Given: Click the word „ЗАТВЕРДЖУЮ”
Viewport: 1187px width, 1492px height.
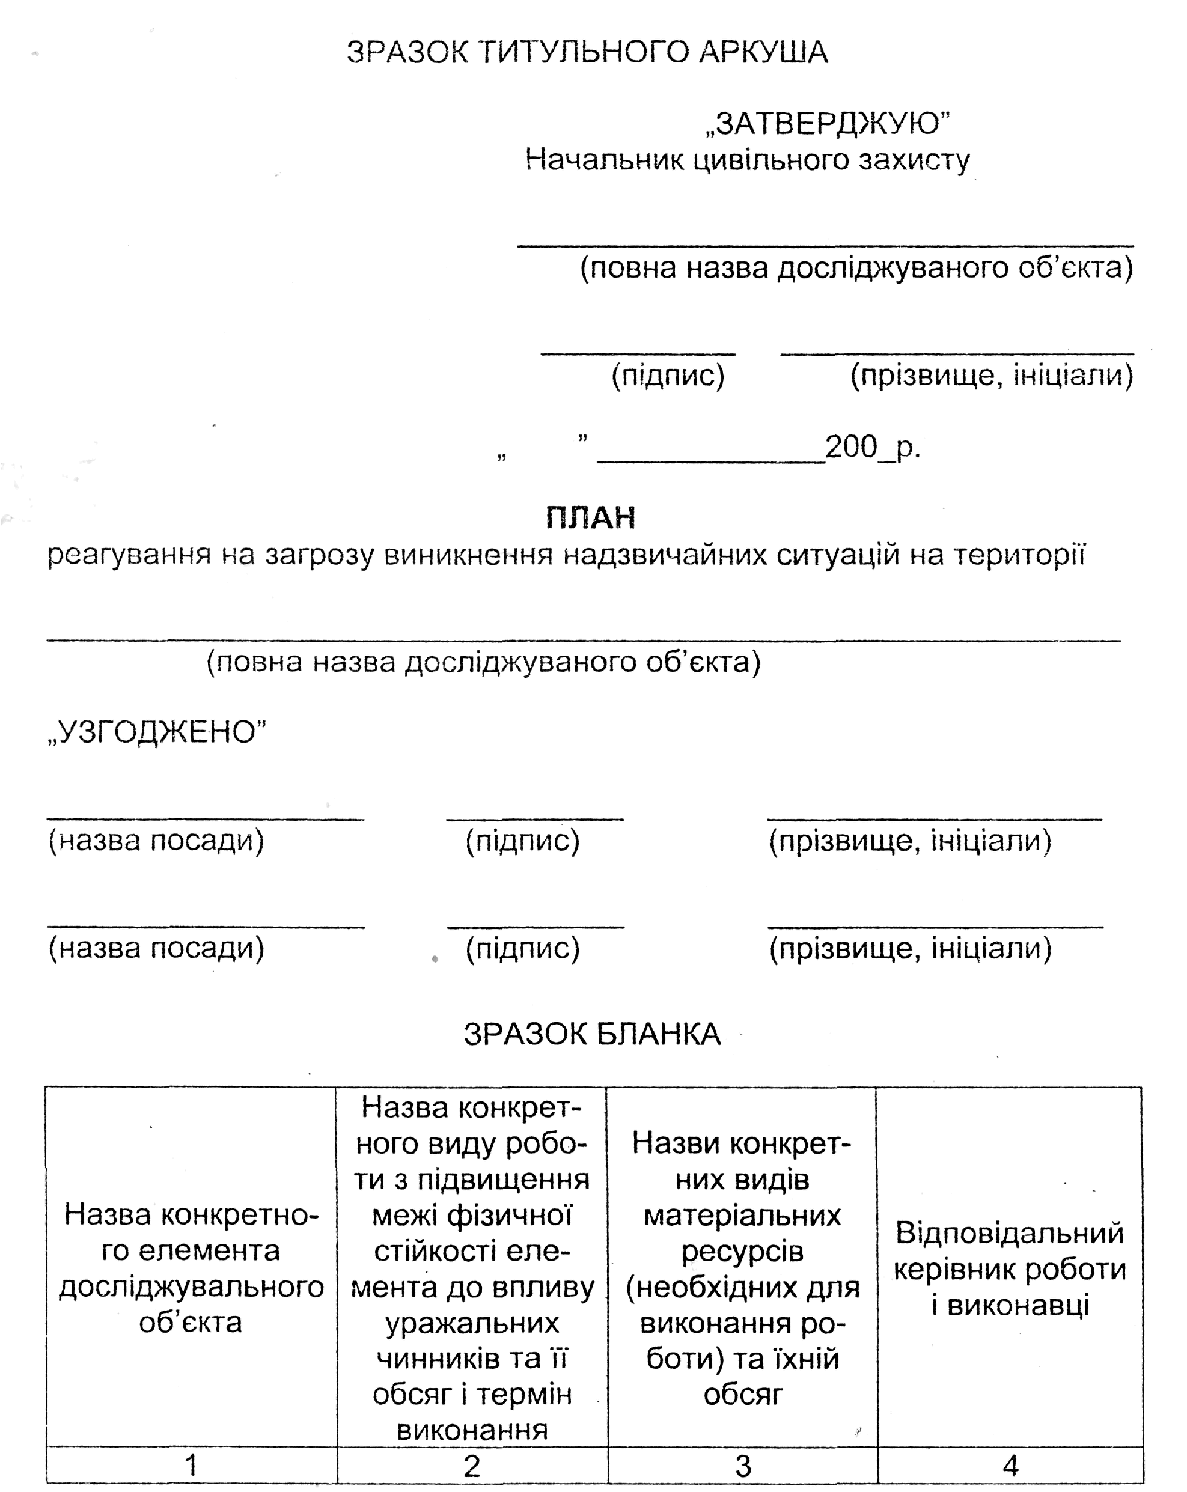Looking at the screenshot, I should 827,124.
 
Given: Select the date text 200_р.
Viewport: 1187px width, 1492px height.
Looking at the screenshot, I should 872,447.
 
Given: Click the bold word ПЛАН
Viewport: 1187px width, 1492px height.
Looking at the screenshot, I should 590,517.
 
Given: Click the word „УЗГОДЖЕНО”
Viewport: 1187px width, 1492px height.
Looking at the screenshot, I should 157,732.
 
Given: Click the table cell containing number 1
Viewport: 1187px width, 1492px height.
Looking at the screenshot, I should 191,1465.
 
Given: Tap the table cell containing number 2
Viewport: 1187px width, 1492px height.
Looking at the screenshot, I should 472,1465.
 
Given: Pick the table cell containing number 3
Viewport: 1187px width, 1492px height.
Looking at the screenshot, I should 743,1465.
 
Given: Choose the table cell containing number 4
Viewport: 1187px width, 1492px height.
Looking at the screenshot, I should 1010,1465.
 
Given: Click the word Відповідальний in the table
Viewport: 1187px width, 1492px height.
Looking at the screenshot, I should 1009,1233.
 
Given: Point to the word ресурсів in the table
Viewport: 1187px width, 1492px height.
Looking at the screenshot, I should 742,1251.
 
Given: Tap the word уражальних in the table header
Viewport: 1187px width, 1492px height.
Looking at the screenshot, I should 472,1323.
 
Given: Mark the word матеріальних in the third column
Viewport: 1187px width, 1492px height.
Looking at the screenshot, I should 742,1215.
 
